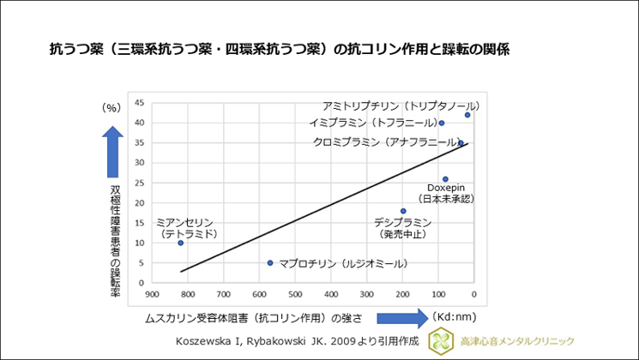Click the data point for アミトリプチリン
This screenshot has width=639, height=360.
(467, 115)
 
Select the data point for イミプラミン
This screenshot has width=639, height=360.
(441, 123)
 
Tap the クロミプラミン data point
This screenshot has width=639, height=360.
(461, 143)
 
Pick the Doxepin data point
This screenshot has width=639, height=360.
(445, 179)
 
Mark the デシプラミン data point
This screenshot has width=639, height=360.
(403, 211)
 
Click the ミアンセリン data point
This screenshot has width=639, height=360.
(180, 243)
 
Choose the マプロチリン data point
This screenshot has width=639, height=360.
(270, 263)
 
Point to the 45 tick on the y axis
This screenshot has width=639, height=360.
(140, 103)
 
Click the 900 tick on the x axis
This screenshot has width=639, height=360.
(152, 292)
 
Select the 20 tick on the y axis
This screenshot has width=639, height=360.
(140, 203)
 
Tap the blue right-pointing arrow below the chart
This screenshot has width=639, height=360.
(401, 318)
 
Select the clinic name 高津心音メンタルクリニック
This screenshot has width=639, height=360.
(519, 341)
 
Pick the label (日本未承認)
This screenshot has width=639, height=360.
(446, 199)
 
